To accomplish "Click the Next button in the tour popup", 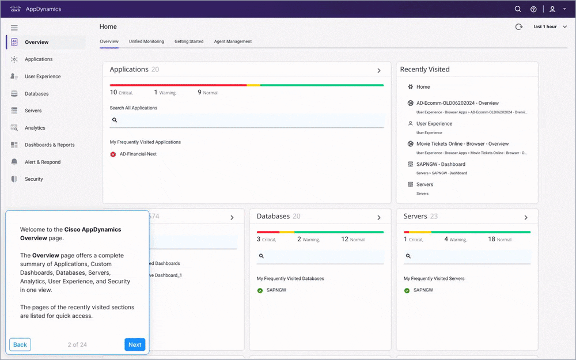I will tap(135, 344).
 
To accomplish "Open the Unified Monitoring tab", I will tap(146, 41).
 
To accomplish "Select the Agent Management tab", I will tap(233, 41).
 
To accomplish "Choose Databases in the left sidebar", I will tap(36, 93).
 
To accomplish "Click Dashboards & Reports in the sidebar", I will tap(50, 145).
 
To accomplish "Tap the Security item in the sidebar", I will tap(33, 179).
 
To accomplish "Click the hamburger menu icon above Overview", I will tap(14, 28).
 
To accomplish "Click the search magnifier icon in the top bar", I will tap(518, 9).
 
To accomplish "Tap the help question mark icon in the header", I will tap(533, 9).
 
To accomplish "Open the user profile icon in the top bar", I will tap(552, 9).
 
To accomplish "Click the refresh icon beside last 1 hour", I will tap(518, 27).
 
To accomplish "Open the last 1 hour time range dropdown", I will tap(550, 27).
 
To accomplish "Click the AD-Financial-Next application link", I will tap(138, 154).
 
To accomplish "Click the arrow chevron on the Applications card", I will tap(379, 70).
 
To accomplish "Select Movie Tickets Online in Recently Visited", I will tap(462, 144).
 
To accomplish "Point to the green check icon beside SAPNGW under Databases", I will tap(260, 290).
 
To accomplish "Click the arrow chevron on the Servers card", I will tap(526, 217).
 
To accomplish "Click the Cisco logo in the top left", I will tap(16, 9).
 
